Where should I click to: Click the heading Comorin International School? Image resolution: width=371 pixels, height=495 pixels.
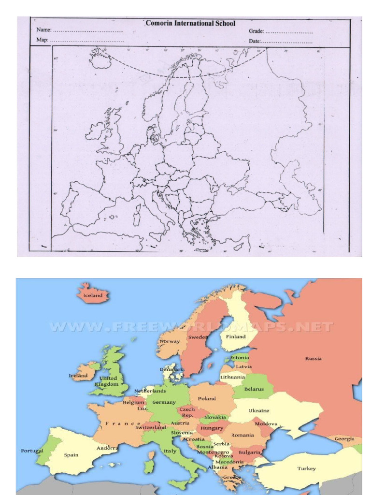(190, 23)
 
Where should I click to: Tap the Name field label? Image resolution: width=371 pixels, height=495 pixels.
(43, 30)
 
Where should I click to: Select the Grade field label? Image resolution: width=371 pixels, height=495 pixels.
(256, 31)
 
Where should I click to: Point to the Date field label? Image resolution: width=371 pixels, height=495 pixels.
(255, 41)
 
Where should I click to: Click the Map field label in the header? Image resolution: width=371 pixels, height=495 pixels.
(42, 40)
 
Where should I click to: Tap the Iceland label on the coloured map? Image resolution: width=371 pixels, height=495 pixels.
(93, 295)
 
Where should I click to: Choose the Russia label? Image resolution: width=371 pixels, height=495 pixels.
(313, 359)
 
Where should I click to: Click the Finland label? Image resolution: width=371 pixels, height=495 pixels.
(236, 337)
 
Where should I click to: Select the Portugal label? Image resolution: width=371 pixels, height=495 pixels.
(32, 451)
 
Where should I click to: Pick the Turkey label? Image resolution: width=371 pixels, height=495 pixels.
(306, 468)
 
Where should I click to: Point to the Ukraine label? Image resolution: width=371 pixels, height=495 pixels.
(259, 411)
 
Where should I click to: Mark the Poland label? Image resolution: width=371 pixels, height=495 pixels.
(207, 399)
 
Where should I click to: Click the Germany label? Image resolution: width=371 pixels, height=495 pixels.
(164, 402)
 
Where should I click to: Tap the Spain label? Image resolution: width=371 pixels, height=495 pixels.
(71, 455)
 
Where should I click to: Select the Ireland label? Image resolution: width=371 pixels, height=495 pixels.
(78, 375)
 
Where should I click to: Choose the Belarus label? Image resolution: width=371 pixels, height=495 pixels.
(254, 389)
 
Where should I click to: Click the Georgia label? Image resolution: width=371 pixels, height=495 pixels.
(344, 439)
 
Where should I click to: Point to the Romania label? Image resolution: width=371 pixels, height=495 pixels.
(242, 435)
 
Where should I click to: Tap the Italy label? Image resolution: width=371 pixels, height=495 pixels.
(170, 451)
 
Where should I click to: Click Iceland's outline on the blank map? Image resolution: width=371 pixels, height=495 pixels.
(100, 59)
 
